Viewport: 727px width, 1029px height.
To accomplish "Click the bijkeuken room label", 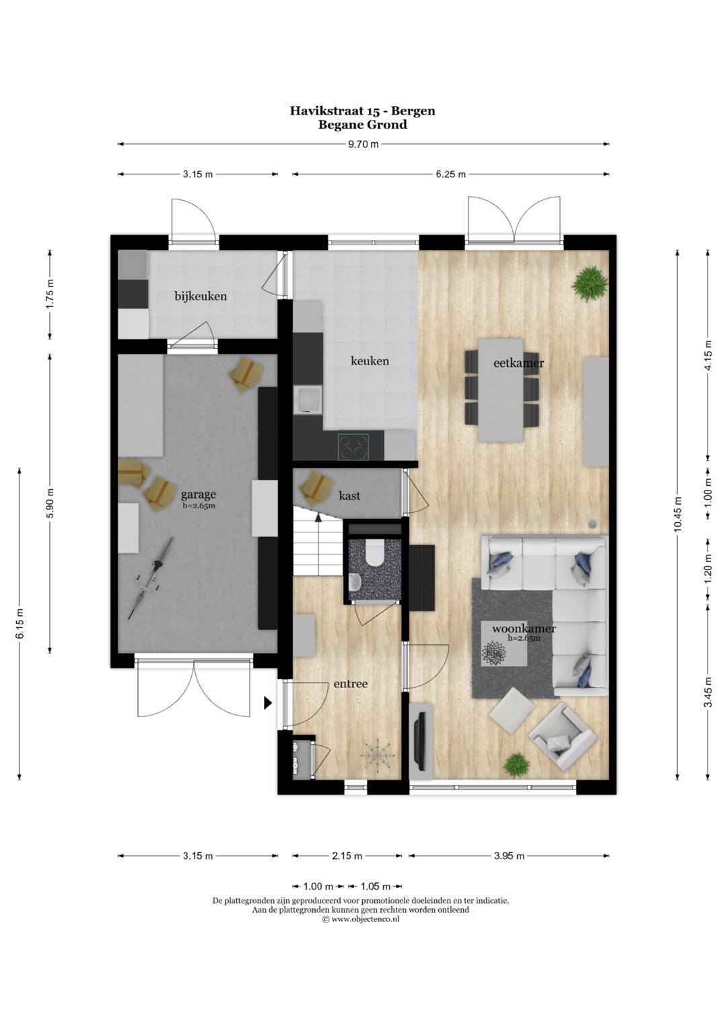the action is [201, 297].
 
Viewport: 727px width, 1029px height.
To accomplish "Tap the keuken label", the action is [370, 361].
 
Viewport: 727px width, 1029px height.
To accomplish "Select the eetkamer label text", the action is [518, 363].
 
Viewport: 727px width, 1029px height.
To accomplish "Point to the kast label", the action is [349, 496].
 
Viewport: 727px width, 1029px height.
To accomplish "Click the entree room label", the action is [351, 683].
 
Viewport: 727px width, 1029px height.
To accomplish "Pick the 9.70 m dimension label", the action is [363, 144].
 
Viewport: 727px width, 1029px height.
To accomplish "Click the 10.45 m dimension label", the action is [678, 515].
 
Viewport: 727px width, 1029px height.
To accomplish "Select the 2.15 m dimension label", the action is [347, 856].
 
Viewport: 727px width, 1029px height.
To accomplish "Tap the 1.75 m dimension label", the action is [50, 294].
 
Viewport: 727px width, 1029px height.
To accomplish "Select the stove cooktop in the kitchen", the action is [353, 447].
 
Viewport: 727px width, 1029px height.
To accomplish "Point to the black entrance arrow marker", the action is [268, 703].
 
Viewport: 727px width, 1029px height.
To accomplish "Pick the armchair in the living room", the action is [563, 738].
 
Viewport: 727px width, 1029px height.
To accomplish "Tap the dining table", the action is [501, 390].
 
